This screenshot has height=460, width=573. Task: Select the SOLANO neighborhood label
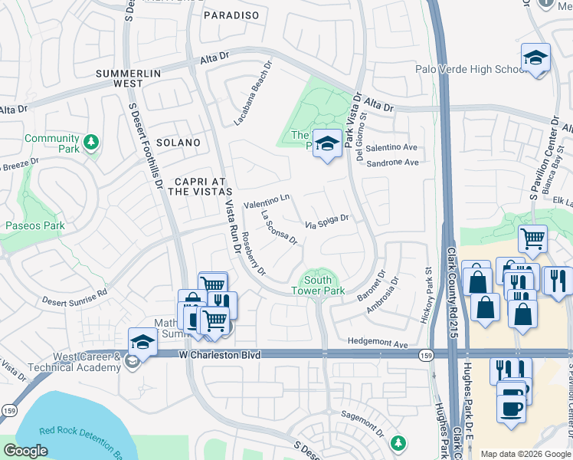pyautogui.click(x=178, y=143)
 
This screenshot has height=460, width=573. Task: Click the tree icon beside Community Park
pyautogui.click(x=91, y=143)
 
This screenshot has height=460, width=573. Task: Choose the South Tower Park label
pyautogui.click(x=318, y=285)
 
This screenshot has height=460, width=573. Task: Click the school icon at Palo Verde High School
pyautogui.click(x=535, y=58)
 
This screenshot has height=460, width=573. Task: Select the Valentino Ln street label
pyautogui.click(x=267, y=202)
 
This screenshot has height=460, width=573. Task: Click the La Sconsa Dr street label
pyautogui.click(x=279, y=227)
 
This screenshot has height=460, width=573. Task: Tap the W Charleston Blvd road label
pyautogui.click(x=221, y=356)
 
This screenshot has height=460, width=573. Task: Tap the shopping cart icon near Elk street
pyautogui.click(x=532, y=238)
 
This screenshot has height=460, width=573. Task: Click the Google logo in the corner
pyautogui.click(x=26, y=451)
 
